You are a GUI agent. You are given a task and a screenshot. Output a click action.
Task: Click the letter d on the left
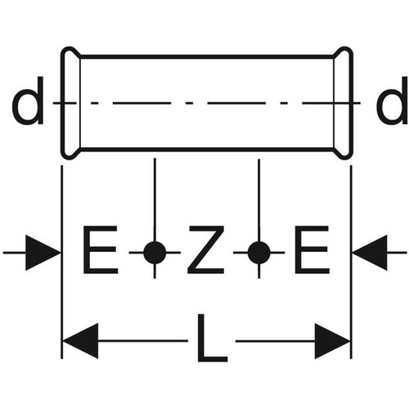point(28,101)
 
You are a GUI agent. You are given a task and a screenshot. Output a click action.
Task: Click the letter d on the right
point(392,101)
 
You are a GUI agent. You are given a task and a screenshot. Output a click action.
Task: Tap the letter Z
point(206,249)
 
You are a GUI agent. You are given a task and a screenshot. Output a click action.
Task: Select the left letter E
point(101,249)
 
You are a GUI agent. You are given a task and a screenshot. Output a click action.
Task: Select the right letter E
point(312,249)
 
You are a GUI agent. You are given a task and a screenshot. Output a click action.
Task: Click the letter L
point(212,338)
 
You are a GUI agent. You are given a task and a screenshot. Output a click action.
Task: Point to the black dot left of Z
point(155,253)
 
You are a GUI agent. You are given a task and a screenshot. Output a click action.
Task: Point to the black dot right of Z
point(258,253)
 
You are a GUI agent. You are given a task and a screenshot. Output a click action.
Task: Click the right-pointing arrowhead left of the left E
point(43,253)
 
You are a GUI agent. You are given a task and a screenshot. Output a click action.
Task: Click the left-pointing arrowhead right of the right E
point(370,253)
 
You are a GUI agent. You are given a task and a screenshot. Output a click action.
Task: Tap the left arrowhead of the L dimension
point(80,341)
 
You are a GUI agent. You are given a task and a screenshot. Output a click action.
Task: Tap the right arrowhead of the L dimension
point(332,341)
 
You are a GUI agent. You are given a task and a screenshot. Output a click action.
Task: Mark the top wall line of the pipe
point(207,56)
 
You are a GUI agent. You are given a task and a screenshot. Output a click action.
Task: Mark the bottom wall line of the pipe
point(207,149)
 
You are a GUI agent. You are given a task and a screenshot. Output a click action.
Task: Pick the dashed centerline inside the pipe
point(207,103)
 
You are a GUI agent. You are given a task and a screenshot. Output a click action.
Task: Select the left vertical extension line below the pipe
point(62,262)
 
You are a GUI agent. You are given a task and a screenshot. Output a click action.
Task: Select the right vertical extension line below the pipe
point(351,262)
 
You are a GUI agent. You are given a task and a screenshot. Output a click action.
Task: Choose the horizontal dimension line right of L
point(276,341)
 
